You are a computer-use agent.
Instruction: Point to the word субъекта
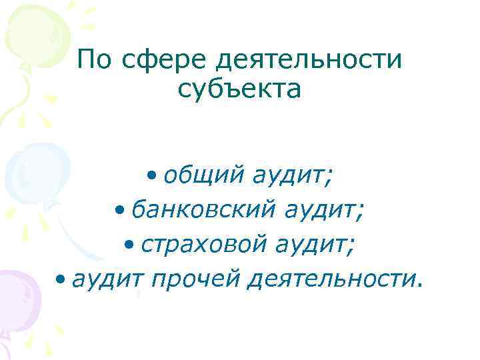(240, 89)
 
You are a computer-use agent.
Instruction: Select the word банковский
(202, 211)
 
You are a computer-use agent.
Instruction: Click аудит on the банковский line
(322, 213)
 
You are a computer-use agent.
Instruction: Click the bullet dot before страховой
(128, 246)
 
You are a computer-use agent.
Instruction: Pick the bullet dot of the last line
(61, 281)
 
